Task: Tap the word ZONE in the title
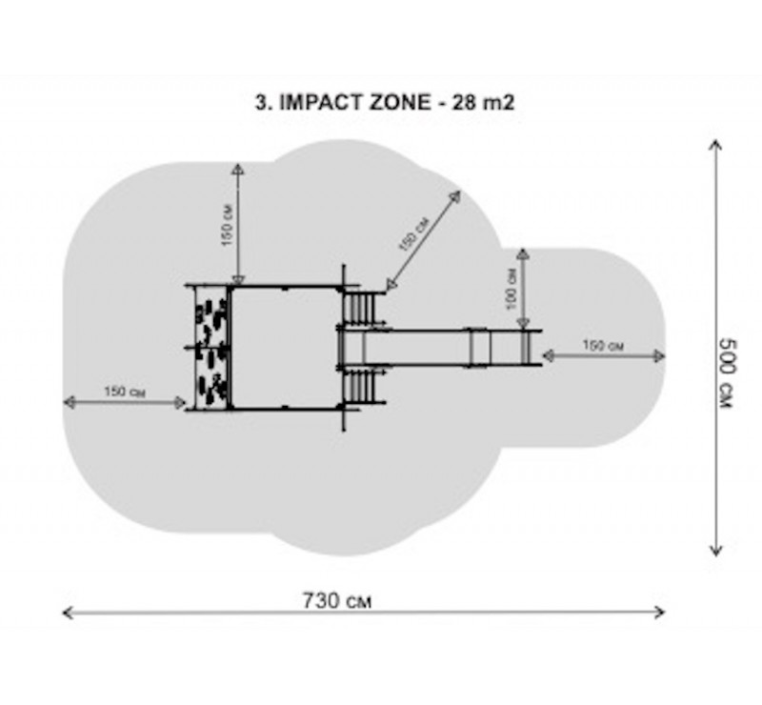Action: click(400, 103)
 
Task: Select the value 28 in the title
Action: click(463, 103)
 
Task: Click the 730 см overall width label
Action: click(337, 601)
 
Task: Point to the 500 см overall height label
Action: click(728, 373)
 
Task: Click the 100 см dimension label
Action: click(511, 289)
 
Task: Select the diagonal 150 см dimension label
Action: click(414, 233)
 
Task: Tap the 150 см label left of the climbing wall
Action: click(125, 392)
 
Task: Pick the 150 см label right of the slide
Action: click(603, 346)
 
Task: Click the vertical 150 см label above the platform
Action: click(227, 225)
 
